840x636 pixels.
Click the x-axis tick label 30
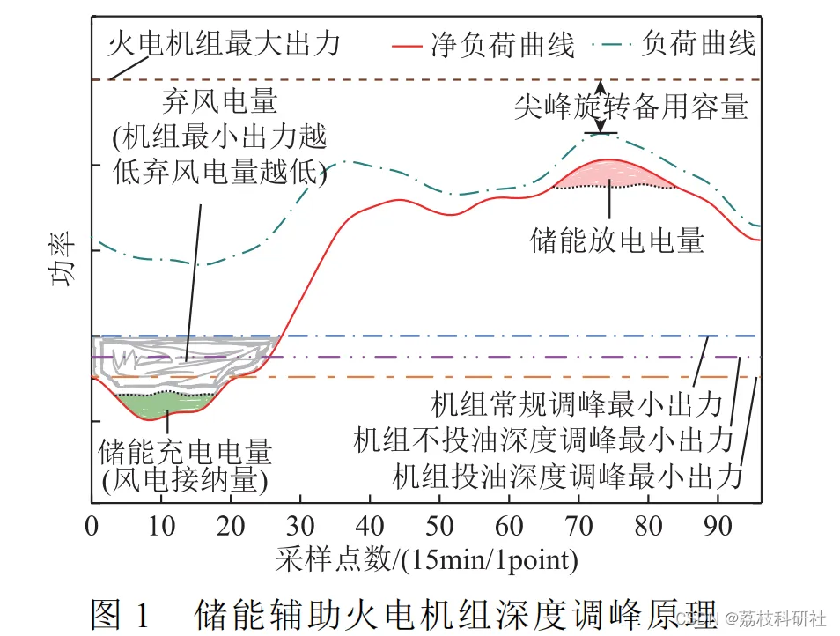[x=300, y=527]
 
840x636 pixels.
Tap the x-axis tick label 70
[x=579, y=527]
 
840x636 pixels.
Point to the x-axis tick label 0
[x=92, y=527]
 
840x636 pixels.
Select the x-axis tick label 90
[x=718, y=527]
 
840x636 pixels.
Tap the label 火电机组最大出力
[x=224, y=42]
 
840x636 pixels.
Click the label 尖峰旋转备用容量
[x=631, y=107]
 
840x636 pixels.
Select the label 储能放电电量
[x=617, y=240]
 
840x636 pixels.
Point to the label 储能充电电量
[x=187, y=452]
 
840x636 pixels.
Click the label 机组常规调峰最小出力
[x=576, y=405]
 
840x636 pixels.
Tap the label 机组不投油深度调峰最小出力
[x=543, y=439]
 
